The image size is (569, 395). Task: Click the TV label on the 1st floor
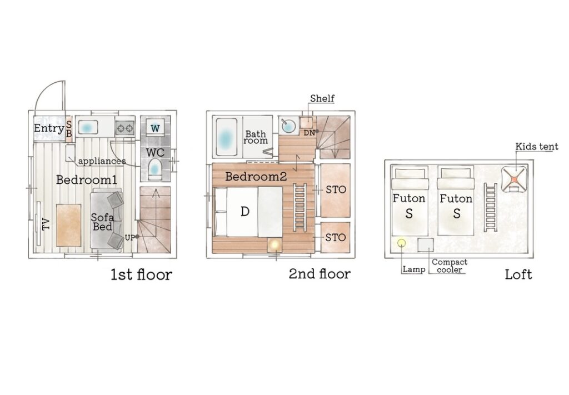46,224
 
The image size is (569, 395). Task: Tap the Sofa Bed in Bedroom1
106,220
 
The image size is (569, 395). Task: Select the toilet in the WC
155,169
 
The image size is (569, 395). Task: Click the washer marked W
155,128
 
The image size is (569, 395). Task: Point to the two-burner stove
126,128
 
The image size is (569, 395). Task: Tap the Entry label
49,128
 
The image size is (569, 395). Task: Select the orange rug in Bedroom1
69,225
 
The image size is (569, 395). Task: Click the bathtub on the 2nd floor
226,137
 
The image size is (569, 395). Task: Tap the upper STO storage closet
336,191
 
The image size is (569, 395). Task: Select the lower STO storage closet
336,238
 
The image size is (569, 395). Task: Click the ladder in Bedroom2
300,206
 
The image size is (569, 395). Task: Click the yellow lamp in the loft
401,243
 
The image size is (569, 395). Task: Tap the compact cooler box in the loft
425,245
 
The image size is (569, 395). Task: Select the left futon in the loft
410,201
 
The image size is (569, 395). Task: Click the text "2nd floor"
320,274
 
